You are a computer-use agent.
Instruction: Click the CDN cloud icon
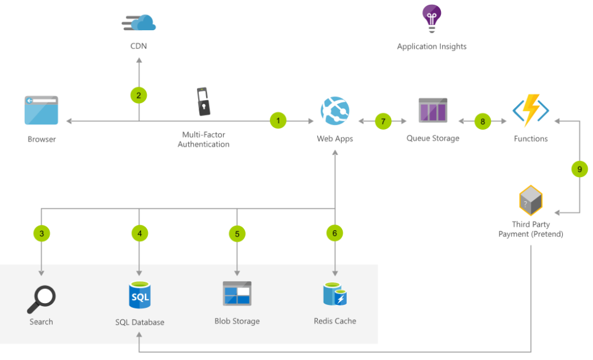pos(139,22)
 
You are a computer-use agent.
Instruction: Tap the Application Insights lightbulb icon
pos(431,18)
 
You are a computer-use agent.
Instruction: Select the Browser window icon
pos(41,111)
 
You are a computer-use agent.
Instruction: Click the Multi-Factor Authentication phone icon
pos(204,102)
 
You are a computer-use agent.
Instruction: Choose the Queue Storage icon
pos(433,111)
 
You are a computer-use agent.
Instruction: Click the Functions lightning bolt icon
pos(531,111)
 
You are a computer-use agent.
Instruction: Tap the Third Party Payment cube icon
pos(531,201)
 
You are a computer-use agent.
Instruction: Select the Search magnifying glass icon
pos(41,299)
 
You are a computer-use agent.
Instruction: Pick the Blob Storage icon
pos(237,294)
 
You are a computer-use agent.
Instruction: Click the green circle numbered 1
pos(278,121)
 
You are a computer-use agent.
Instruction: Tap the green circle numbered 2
pos(138,95)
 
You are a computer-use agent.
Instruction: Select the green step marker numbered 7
pos(383,121)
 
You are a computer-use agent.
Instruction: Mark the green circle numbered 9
pos(579,169)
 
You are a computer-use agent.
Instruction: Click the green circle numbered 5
pos(237,233)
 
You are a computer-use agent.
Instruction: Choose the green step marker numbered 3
pos(41,233)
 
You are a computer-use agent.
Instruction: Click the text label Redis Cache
pos(335,321)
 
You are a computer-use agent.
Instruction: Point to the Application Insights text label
pos(431,46)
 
